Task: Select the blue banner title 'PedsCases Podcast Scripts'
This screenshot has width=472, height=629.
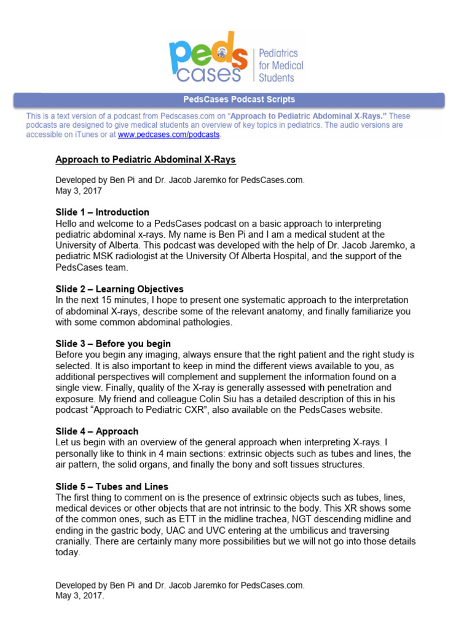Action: [x=239, y=99]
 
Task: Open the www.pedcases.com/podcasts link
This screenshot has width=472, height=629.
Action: [x=168, y=134]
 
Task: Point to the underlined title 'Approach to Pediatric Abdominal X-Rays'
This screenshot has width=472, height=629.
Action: [x=146, y=160]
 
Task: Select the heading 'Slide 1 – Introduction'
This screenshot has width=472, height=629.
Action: [x=102, y=212]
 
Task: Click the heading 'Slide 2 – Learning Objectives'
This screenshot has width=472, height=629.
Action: [x=119, y=289]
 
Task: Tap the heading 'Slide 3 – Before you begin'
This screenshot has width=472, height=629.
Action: [x=113, y=343]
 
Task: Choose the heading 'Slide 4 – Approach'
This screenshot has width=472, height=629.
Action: [x=96, y=431]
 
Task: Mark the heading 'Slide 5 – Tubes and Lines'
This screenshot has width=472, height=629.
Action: [x=111, y=486]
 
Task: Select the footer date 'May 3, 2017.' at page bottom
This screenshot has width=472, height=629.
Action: [x=80, y=595]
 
